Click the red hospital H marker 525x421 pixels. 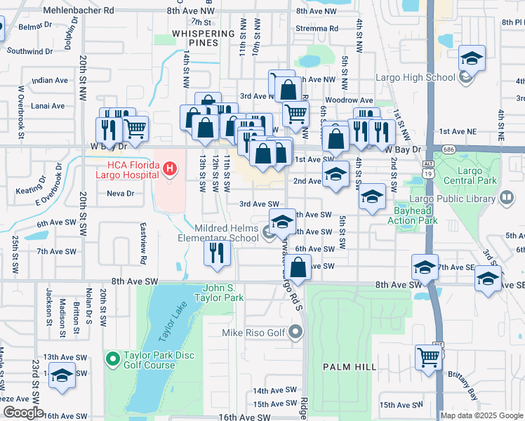click(169, 168)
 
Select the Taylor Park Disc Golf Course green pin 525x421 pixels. click(112, 360)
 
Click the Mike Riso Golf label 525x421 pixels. click(255, 333)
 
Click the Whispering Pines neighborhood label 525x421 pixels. click(203, 38)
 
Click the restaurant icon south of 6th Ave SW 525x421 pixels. click(217, 253)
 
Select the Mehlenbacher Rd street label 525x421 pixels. click(78, 11)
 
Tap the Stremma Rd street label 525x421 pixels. click(318, 29)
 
